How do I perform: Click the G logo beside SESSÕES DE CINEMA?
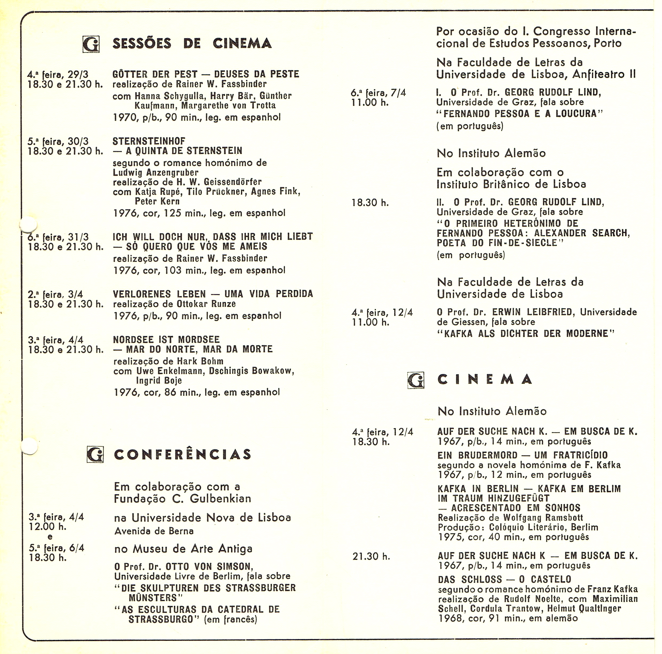pyautogui.click(x=91, y=44)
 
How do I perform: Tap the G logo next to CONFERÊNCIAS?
pyautogui.click(x=95, y=454)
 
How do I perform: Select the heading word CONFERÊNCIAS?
pyautogui.click(x=183, y=454)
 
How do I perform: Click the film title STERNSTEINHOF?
pyautogui.click(x=149, y=141)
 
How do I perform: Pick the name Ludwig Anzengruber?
pyautogui.click(x=156, y=172)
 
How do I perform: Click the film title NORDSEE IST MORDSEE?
pyautogui.click(x=166, y=339)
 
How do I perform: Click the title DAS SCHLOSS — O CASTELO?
pyautogui.click(x=504, y=579)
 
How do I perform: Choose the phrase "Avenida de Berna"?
pyautogui.click(x=154, y=531)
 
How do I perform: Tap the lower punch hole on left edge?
pyautogui.click(x=29, y=445)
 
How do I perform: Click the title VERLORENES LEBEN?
pyautogui.click(x=159, y=294)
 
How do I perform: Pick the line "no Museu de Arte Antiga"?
pyautogui.click(x=183, y=549)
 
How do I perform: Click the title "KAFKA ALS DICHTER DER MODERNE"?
pyautogui.click(x=526, y=333)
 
